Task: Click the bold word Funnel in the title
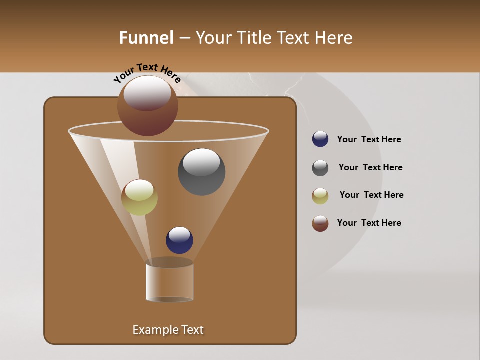[146, 38]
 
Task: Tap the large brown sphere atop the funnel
[148, 106]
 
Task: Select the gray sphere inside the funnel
[201, 172]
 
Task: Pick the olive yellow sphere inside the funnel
[139, 198]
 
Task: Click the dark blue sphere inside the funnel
[179, 240]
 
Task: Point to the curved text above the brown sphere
[147, 73]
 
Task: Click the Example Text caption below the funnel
[168, 330]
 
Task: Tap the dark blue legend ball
[320, 139]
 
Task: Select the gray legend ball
[320, 168]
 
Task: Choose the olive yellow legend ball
[320, 196]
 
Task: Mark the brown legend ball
[320, 223]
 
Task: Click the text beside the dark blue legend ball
[369, 139]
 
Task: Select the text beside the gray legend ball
[370, 167]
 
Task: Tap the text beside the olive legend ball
[371, 195]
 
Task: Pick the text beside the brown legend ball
[369, 223]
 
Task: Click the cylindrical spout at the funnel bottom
[169, 282]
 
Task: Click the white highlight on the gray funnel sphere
[201, 162]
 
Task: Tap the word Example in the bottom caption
[151, 330]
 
